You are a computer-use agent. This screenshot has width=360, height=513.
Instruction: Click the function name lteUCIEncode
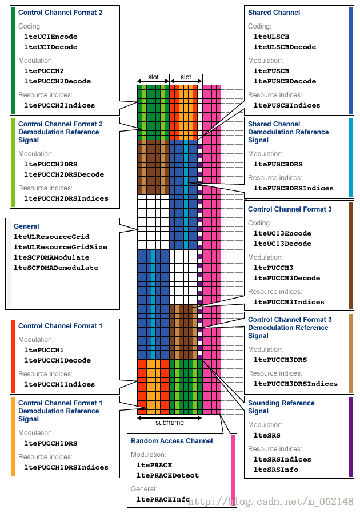click(x=51, y=37)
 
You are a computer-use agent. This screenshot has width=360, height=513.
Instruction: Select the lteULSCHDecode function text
click(x=285, y=47)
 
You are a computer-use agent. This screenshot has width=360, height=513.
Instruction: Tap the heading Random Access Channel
click(x=171, y=441)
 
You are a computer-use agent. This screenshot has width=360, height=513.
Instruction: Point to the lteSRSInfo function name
click(x=276, y=470)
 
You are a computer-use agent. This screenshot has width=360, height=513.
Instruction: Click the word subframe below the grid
click(x=169, y=423)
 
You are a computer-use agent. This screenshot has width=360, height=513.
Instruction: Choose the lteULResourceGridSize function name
click(x=61, y=247)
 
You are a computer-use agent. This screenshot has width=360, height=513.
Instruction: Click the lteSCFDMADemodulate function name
click(x=56, y=268)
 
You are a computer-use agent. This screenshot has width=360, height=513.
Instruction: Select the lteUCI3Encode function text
click(x=282, y=233)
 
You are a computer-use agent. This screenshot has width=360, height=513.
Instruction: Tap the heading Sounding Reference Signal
click(x=281, y=407)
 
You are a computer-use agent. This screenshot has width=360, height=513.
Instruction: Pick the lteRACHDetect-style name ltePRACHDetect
click(x=167, y=475)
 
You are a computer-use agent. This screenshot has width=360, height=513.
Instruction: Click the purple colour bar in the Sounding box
click(x=350, y=437)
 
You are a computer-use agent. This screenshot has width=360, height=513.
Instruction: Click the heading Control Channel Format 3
click(x=290, y=209)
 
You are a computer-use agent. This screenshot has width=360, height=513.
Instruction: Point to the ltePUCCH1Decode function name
click(x=57, y=360)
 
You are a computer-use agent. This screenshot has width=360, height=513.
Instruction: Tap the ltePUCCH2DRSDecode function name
click(x=64, y=174)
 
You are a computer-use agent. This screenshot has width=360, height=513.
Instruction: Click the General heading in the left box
click(x=26, y=226)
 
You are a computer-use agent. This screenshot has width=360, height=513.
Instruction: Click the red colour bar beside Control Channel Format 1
click(x=13, y=356)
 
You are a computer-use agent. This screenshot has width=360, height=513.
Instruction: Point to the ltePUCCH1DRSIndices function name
click(x=66, y=467)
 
